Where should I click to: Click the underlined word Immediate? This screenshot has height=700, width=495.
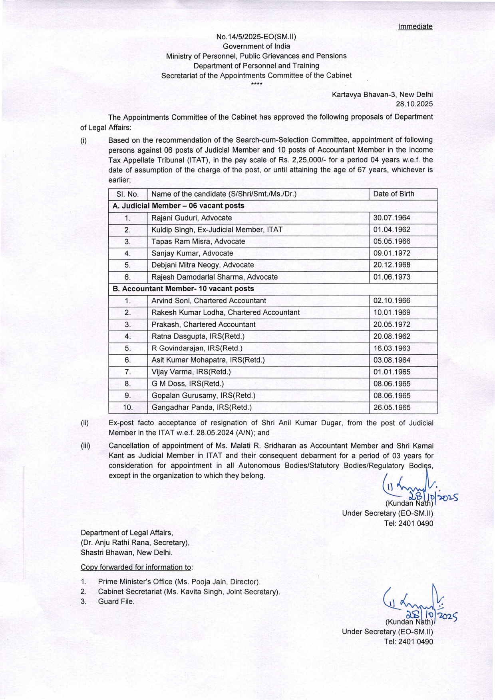(415, 26)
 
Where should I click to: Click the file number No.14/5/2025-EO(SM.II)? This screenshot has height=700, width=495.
(256, 36)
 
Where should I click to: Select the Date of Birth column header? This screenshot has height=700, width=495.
(394, 194)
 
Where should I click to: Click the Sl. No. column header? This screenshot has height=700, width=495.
(127, 194)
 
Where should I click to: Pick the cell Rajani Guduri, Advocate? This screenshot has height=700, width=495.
(191, 218)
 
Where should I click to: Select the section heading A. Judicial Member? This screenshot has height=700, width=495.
(178, 206)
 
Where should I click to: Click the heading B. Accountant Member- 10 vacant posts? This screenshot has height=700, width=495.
(183, 288)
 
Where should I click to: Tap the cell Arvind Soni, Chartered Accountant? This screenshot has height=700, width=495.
(209, 300)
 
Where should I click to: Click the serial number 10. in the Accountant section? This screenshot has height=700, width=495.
(127, 408)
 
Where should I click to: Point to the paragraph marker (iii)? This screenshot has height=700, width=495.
(85, 446)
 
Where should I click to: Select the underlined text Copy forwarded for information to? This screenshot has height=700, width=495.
(136, 567)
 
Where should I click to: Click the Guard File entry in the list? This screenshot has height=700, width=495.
(116, 601)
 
